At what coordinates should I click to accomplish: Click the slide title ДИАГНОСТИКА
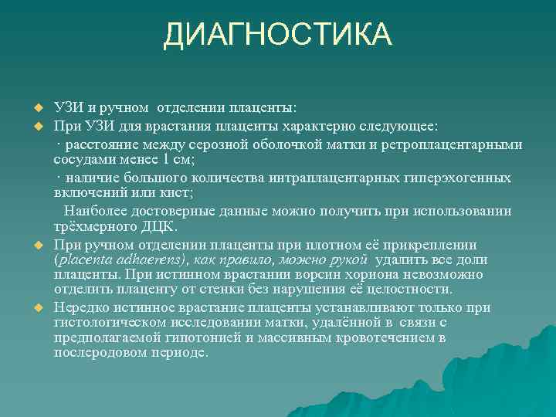click(x=278, y=35)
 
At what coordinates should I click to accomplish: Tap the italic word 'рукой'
click(x=346, y=260)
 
